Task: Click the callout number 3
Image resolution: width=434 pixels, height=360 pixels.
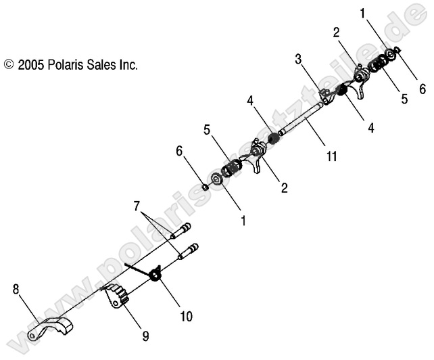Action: point(298,60)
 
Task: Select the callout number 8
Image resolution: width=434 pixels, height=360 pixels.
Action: point(16,290)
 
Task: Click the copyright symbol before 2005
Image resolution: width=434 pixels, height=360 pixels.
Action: point(9,66)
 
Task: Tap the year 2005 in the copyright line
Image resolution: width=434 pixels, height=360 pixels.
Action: point(31,66)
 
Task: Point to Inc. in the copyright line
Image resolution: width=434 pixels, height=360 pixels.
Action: point(129,66)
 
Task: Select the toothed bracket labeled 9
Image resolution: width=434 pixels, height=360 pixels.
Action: point(118,296)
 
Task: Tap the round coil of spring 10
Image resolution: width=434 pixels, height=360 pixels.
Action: point(155,273)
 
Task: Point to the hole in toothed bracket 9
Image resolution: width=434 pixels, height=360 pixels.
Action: point(126,303)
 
